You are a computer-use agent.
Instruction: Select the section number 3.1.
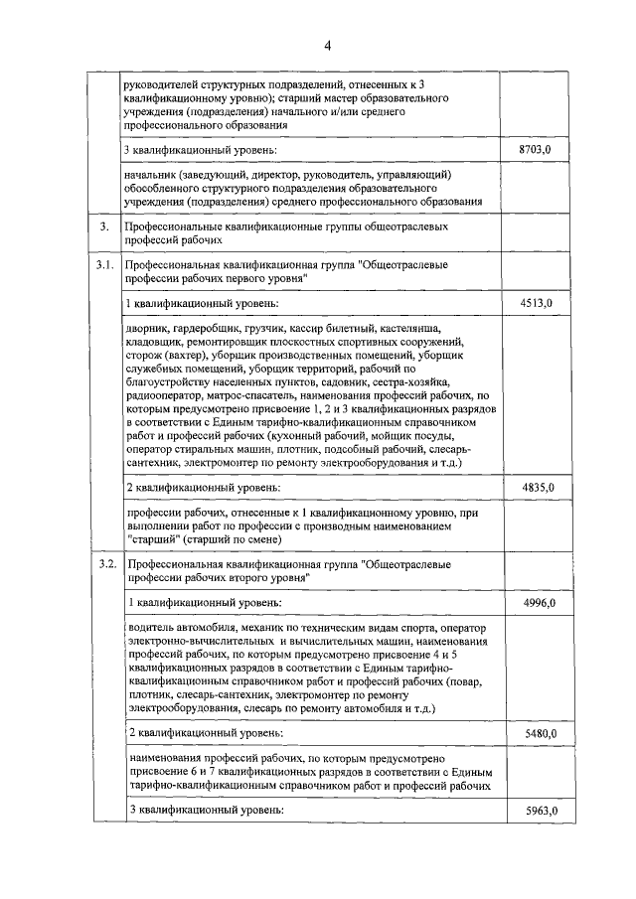tap(103, 265)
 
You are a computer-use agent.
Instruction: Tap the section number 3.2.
tap(103, 564)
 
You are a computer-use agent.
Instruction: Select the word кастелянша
tap(408, 328)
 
